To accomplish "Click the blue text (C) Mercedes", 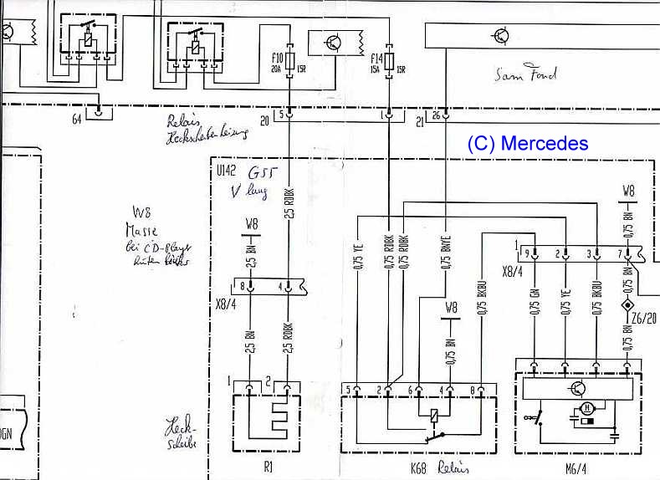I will tap(527, 144).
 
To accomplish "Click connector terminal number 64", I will tap(77, 119).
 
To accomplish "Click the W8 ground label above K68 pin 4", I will tap(451, 307).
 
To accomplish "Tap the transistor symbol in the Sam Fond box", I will tap(501, 36).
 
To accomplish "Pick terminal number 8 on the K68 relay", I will tap(473, 390).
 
